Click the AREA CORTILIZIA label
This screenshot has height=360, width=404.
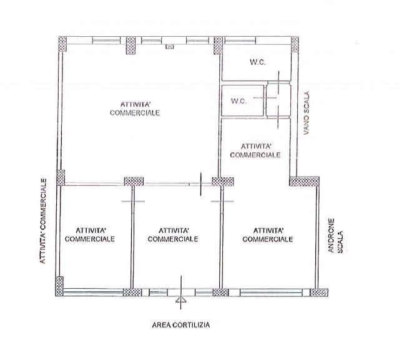(181, 325)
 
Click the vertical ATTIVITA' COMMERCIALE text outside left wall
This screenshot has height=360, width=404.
(44, 221)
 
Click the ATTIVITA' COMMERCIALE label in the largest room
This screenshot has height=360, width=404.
(135, 109)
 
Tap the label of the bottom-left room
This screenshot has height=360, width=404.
(90, 234)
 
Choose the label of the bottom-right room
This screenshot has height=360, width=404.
(267, 234)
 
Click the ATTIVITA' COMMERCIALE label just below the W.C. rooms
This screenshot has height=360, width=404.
(255, 150)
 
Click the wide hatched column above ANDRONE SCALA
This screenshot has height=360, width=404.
(304, 182)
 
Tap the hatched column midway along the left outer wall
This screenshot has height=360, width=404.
(60, 178)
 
